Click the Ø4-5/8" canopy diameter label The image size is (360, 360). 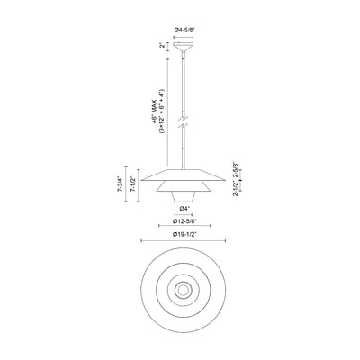click(184, 30)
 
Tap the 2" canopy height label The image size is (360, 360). click(162, 46)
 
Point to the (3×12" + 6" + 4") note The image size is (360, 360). click(162, 111)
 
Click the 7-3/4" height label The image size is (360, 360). click(120, 184)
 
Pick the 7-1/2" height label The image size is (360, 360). click(132, 184)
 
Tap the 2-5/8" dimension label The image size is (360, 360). click(236, 169)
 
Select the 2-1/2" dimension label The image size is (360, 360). click(236, 190)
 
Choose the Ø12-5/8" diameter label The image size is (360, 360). click(184, 221)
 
